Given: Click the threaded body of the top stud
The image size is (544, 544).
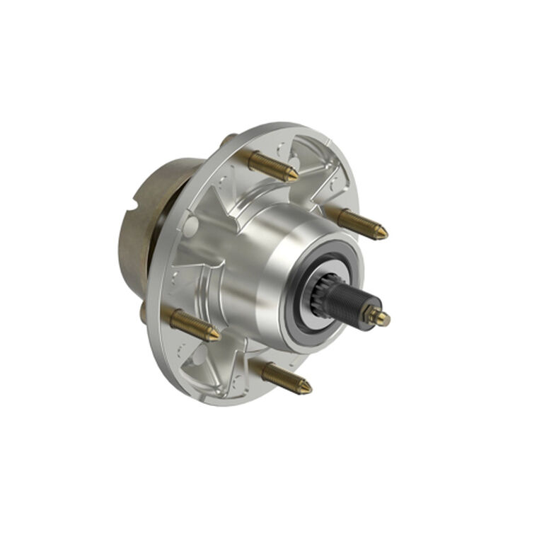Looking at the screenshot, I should click(x=269, y=166).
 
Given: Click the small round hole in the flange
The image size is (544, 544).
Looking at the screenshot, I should click(x=190, y=224).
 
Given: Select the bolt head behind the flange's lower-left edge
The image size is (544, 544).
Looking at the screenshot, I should click(x=144, y=311).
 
